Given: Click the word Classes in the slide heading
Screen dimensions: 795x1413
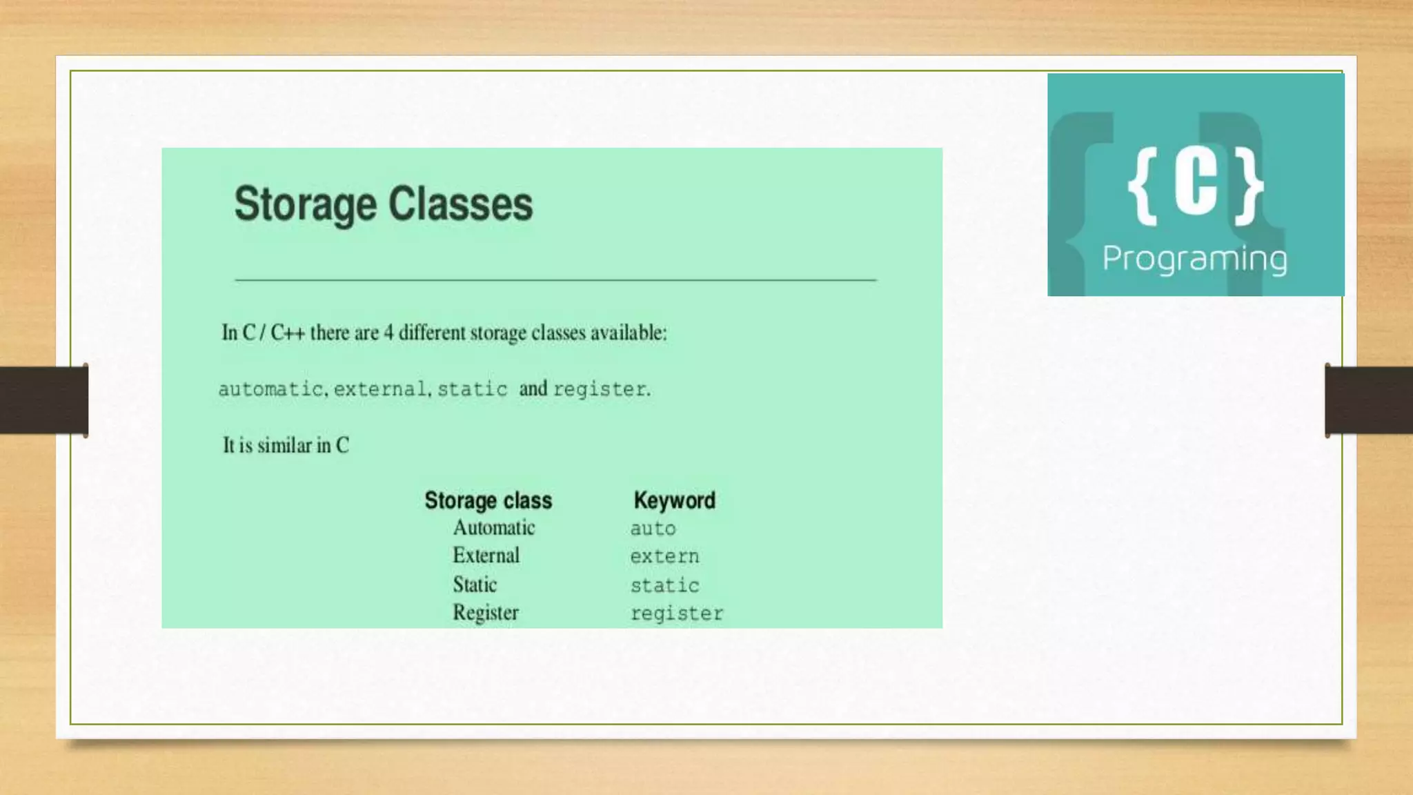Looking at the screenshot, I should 460,204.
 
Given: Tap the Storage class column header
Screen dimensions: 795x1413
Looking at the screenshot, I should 488,500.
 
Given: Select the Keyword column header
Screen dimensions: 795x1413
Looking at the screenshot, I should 674,500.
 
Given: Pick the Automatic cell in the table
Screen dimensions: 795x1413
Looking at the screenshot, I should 493,528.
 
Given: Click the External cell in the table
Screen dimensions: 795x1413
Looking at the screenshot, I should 486,556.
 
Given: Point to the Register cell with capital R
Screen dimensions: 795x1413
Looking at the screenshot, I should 485,613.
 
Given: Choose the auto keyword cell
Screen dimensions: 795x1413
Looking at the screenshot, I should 653,529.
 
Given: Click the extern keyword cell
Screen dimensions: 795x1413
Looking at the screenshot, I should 664,557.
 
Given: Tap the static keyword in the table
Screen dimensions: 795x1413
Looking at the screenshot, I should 664,586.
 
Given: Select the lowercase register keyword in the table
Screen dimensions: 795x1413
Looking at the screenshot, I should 676,614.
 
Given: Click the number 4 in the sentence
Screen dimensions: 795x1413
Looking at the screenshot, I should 388,333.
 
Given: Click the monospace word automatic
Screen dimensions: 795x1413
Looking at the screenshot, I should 270,389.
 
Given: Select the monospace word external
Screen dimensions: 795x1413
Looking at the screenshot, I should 380,389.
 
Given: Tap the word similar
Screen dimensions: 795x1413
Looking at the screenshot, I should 284,445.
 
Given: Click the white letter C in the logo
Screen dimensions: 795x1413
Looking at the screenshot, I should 1196,184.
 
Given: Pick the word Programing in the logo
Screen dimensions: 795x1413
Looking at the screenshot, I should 1194,259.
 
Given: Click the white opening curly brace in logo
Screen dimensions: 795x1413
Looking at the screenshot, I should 1143,186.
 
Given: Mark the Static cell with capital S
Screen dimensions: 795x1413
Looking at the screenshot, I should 475,585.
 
